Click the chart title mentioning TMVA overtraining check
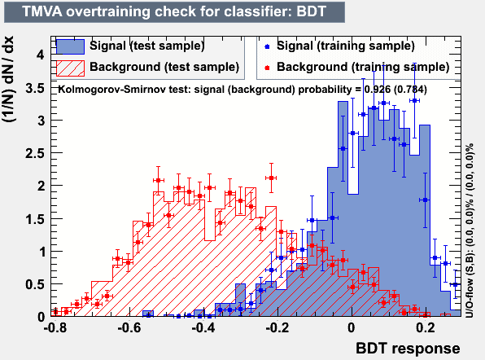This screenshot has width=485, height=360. click(174, 11)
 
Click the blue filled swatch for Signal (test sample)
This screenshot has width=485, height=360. click(70, 46)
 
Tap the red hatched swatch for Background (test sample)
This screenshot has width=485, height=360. click(70, 68)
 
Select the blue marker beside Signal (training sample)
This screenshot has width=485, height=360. click(267, 46)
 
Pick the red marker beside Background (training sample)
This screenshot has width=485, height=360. click(267, 68)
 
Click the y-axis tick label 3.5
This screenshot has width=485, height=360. click(35, 89)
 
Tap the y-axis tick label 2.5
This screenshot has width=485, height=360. click(35, 154)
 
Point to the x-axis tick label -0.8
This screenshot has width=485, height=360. click(55, 327)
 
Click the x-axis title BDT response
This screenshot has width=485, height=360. click(408, 349)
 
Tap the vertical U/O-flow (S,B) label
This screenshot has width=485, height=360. click(470, 230)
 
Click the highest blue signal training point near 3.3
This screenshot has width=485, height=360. click(414, 101)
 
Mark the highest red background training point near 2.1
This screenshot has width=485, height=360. click(271, 178)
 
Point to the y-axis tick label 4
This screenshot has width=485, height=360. click(41, 55)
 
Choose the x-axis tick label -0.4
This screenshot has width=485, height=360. click(203, 327)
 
